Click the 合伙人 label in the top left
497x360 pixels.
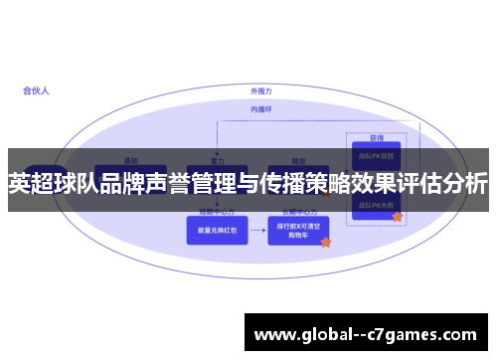tap(37, 90)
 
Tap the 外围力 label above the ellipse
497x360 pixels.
tap(260, 90)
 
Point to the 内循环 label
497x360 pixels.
tap(260, 109)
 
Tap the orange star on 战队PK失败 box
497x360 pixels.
tap(397, 216)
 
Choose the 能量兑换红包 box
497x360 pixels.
tap(209, 231)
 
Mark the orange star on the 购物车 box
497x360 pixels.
tap(325, 242)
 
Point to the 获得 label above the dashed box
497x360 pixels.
tap(376, 137)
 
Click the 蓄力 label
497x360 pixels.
tap(217, 159)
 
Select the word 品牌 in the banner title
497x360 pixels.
tap(127, 184)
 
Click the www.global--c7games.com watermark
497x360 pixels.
tap(369, 334)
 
